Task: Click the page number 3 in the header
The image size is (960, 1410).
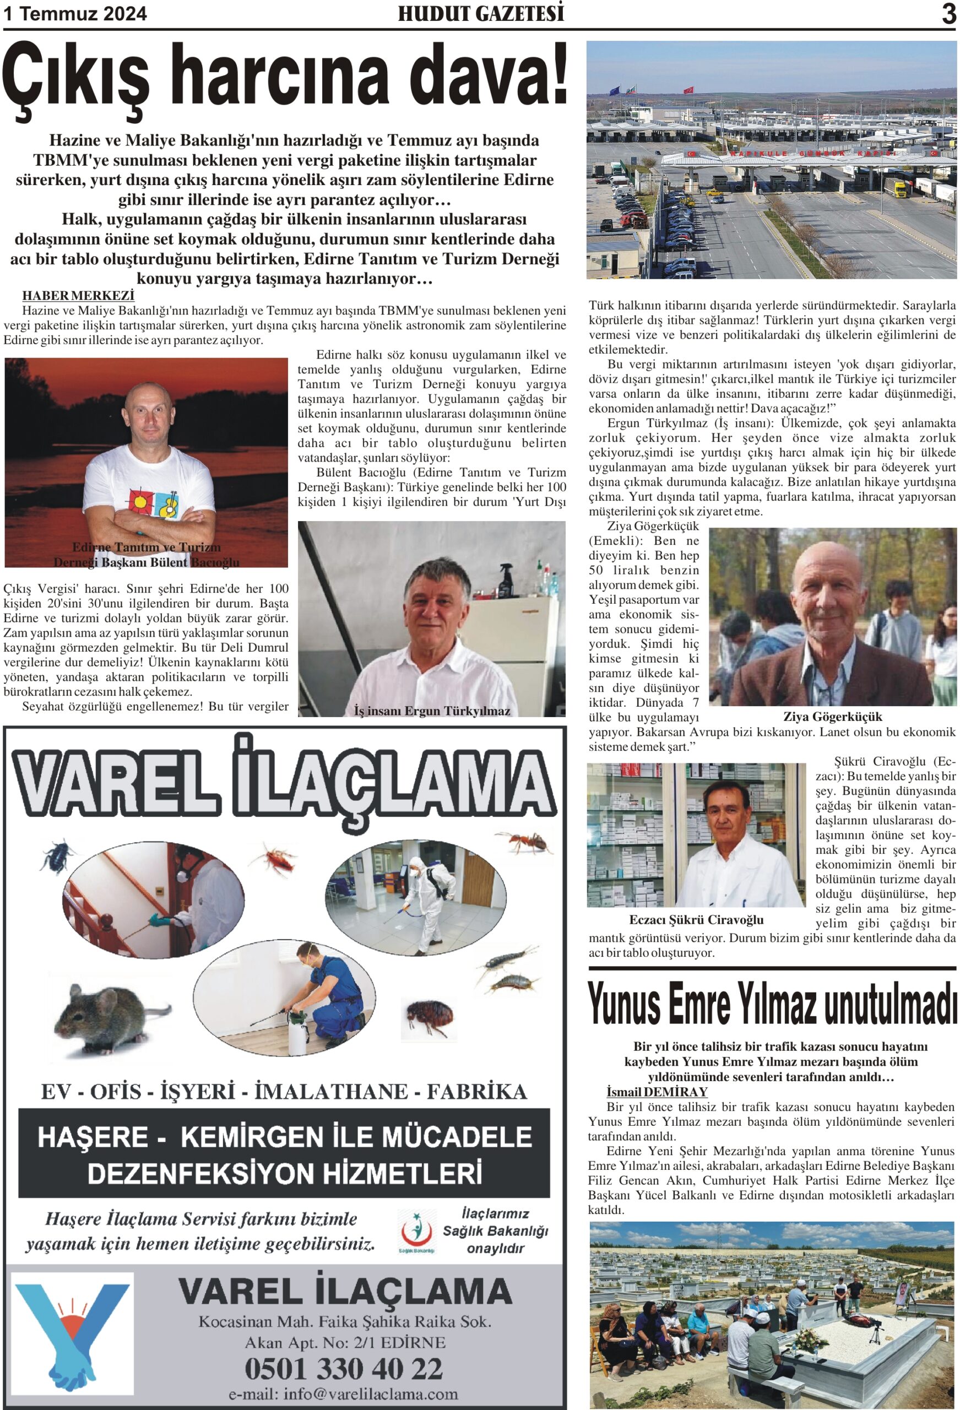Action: (948, 14)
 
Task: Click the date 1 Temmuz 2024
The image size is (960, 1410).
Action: (75, 14)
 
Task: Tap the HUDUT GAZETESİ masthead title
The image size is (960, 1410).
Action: (481, 14)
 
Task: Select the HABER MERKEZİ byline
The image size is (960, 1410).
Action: (78, 295)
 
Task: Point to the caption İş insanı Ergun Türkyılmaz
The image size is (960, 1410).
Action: (431, 711)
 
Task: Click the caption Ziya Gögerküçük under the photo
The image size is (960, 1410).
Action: (833, 716)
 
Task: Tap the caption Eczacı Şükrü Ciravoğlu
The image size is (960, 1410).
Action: (696, 920)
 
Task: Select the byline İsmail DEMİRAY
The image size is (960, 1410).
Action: (657, 1092)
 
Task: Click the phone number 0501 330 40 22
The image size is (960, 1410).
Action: (344, 1369)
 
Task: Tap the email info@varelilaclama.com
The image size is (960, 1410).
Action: (344, 1393)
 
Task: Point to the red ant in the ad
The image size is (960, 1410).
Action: (524, 842)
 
